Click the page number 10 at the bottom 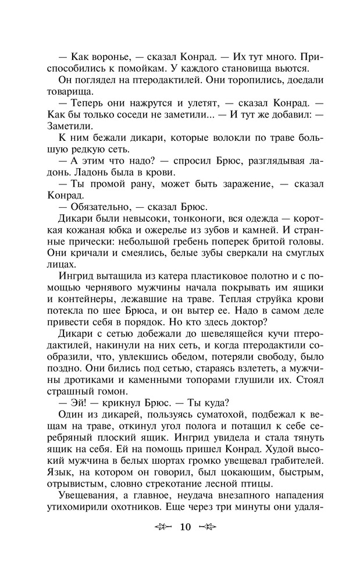click(186, 528)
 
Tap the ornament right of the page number click(208, 528)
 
